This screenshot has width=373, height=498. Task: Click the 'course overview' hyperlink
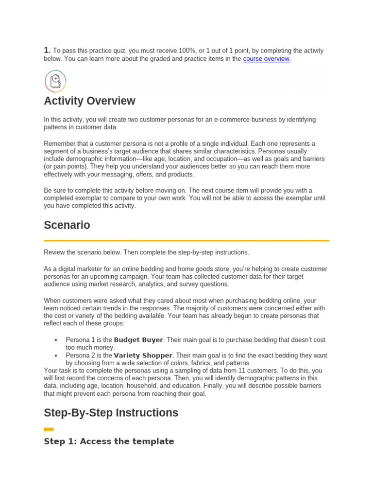click(x=266, y=59)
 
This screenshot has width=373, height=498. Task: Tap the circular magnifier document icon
click(x=55, y=81)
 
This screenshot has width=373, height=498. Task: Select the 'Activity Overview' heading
click(x=89, y=101)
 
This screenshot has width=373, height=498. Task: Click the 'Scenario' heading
click(x=67, y=226)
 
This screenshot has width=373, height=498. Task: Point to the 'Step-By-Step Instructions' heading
click(x=111, y=413)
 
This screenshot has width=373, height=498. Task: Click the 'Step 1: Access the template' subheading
click(x=109, y=441)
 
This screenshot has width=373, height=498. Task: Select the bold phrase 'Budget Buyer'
click(x=138, y=339)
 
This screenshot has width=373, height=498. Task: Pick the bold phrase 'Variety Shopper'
click(x=143, y=355)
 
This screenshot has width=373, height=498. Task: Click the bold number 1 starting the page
click(x=47, y=50)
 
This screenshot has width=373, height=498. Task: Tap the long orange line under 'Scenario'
click(x=186, y=240)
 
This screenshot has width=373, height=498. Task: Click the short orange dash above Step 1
click(x=49, y=429)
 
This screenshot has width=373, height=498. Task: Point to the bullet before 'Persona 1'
click(x=56, y=340)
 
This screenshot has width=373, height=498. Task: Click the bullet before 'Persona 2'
click(x=56, y=356)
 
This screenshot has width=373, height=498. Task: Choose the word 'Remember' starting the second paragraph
click(x=59, y=143)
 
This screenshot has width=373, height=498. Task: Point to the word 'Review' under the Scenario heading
click(x=54, y=252)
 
